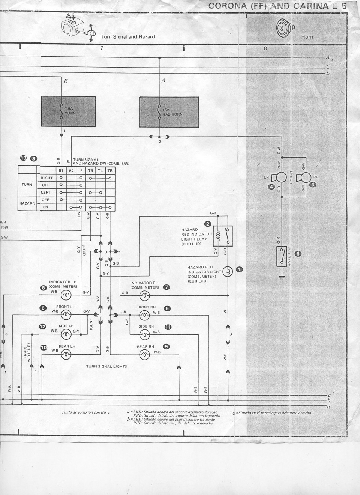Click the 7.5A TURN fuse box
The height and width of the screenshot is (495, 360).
coord(68,111)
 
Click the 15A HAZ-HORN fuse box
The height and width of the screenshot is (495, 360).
coord(168,111)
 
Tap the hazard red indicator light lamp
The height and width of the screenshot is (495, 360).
coord(227,272)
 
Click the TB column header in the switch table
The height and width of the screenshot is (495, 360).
coord(90,170)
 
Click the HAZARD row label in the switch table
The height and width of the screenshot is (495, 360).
coord(27,203)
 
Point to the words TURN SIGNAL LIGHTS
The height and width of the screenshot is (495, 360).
coord(106,366)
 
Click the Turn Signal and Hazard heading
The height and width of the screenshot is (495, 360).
coord(127,37)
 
